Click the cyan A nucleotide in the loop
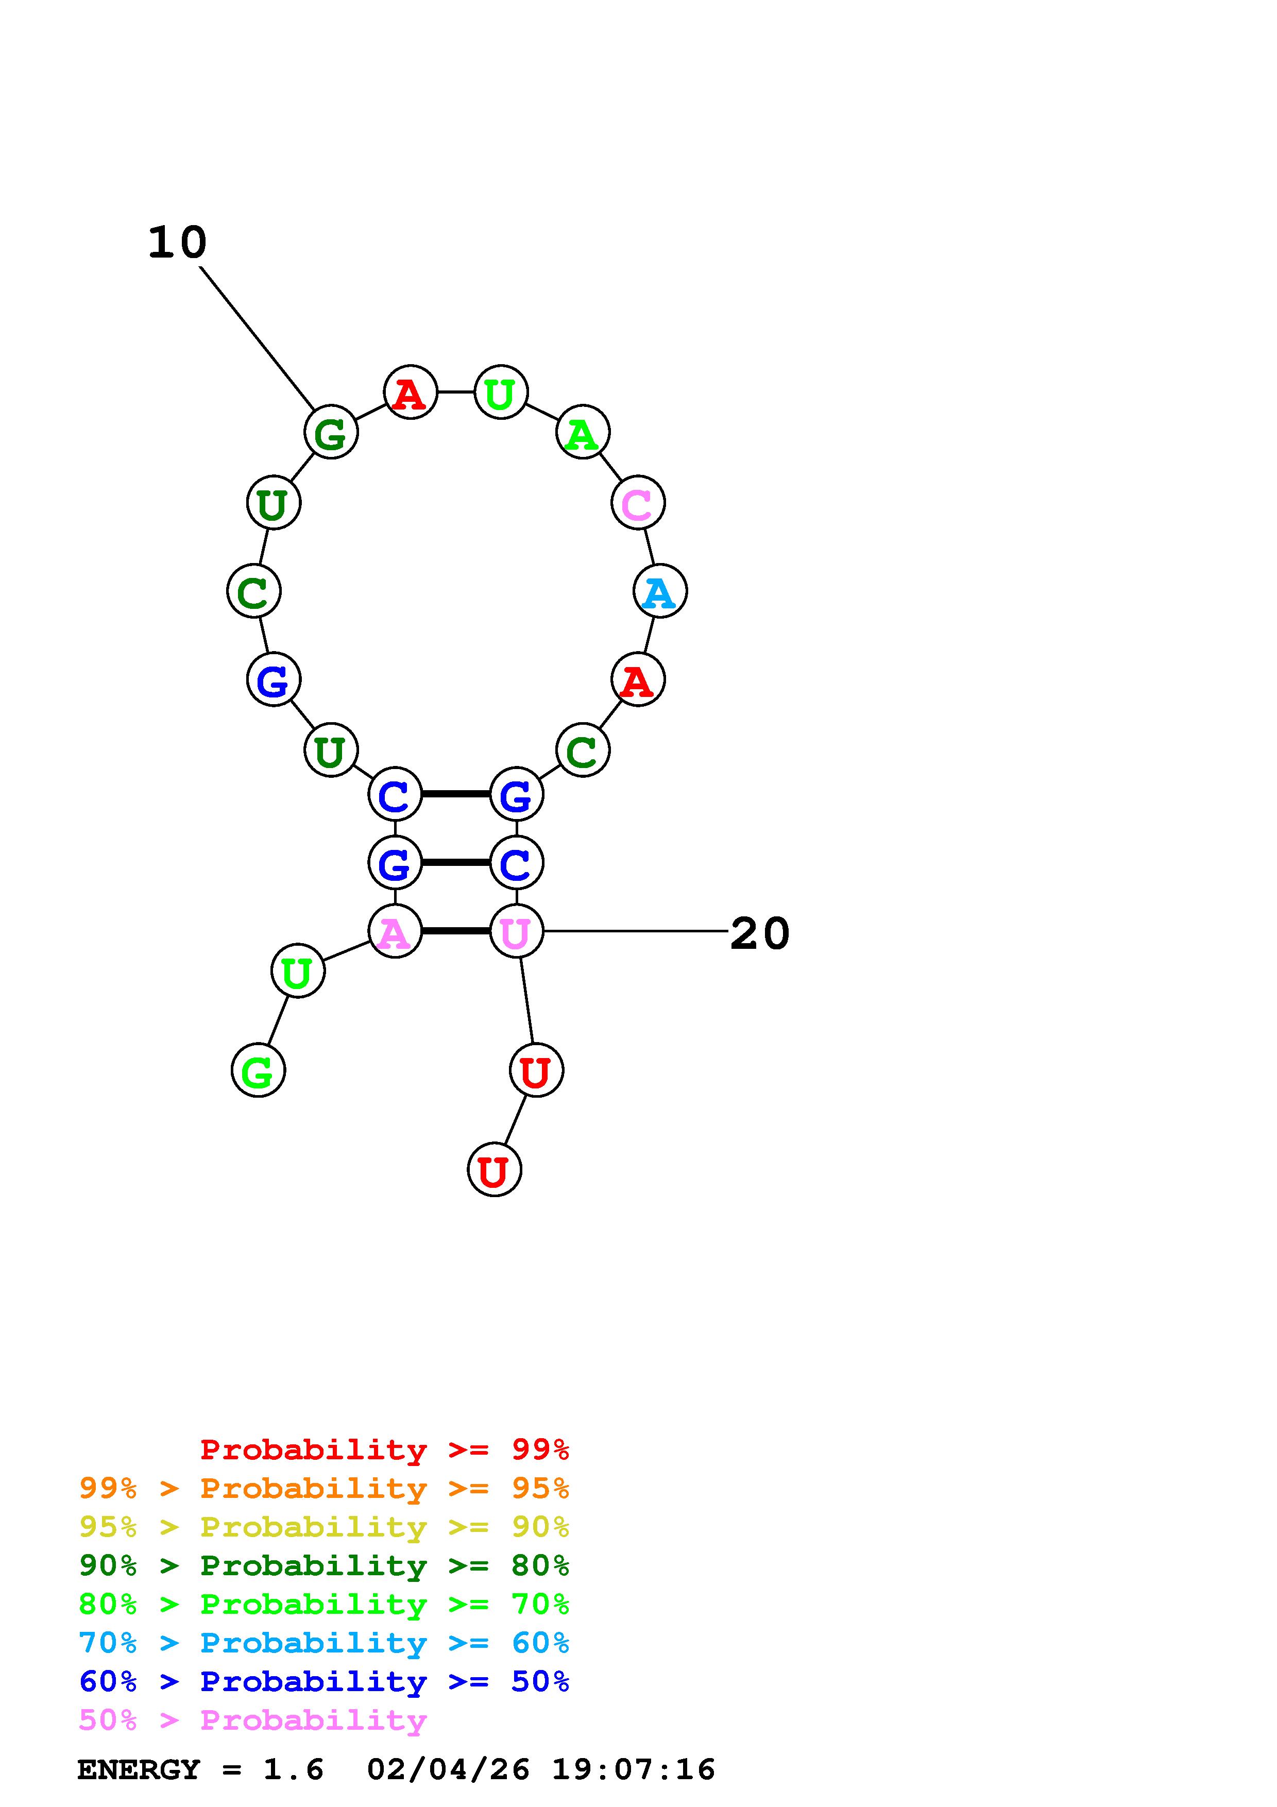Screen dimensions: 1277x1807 [659, 591]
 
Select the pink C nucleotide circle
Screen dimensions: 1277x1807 [637, 502]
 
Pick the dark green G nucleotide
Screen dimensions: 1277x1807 [331, 432]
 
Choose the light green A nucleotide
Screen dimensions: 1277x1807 [582, 432]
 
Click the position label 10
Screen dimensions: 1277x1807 [177, 243]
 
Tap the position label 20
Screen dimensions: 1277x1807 [759, 933]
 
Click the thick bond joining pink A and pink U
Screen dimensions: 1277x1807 [455, 931]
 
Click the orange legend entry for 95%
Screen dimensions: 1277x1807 [324, 1488]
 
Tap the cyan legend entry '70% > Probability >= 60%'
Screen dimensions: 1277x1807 [324, 1643]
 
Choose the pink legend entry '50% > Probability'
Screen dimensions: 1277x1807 [252, 1719]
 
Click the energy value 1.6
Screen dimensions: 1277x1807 [293, 1769]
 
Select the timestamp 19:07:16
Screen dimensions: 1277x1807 [634, 1769]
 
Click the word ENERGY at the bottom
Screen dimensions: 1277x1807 [139, 1769]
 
